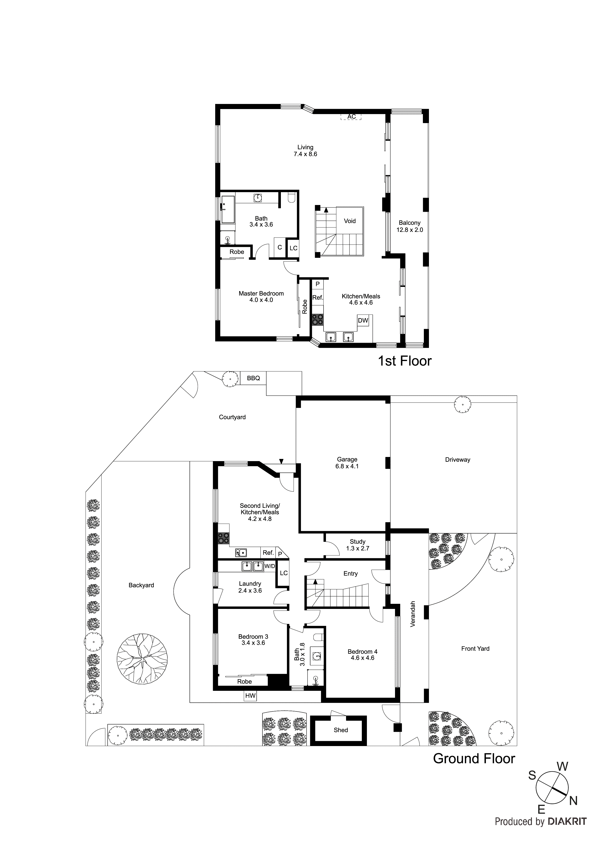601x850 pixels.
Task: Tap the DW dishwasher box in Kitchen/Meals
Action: (x=363, y=320)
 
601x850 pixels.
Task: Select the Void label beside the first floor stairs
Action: (x=349, y=221)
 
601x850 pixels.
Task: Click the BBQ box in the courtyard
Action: (x=253, y=378)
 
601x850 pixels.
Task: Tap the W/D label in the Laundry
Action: (x=269, y=566)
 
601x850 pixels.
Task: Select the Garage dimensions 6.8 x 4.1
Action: (x=347, y=466)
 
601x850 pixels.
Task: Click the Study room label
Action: (x=357, y=541)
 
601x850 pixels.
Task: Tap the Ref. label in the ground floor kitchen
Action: (x=268, y=553)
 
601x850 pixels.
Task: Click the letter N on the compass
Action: (x=573, y=801)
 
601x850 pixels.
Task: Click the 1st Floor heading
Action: (x=404, y=361)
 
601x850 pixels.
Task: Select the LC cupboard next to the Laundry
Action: (x=284, y=573)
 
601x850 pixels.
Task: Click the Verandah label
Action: (x=413, y=614)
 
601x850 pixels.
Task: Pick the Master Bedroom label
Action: (x=261, y=293)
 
